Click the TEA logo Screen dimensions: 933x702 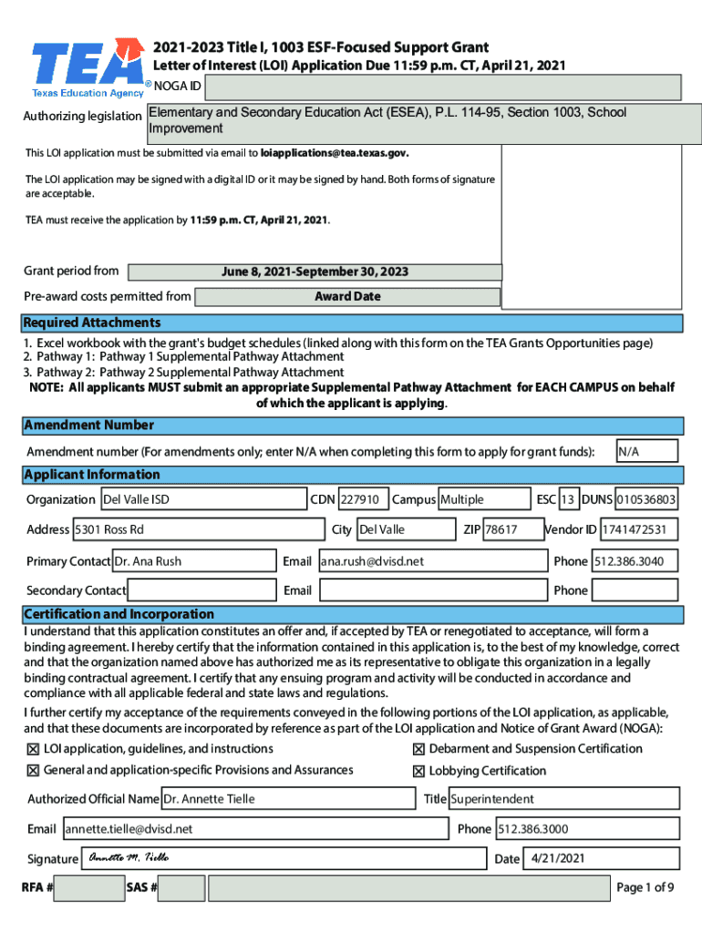click(88, 66)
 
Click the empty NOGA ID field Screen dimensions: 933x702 click(442, 87)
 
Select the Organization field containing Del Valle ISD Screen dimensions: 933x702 click(202, 499)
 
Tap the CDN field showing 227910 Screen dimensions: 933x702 click(361, 499)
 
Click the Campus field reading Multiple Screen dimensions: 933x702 click(483, 499)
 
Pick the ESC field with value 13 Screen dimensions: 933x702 click(568, 499)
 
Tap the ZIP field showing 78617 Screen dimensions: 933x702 click(501, 529)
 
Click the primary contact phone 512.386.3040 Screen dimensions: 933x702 click(635, 561)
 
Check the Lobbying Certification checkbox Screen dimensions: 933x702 click(418, 771)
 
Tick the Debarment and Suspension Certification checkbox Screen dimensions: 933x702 click(418, 749)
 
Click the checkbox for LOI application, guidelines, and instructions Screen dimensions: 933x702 click(34, 749)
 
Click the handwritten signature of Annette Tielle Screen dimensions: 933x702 click(128, 857)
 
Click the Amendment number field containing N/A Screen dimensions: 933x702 click(646, 452)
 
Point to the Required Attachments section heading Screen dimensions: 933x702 click(92, 323)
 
